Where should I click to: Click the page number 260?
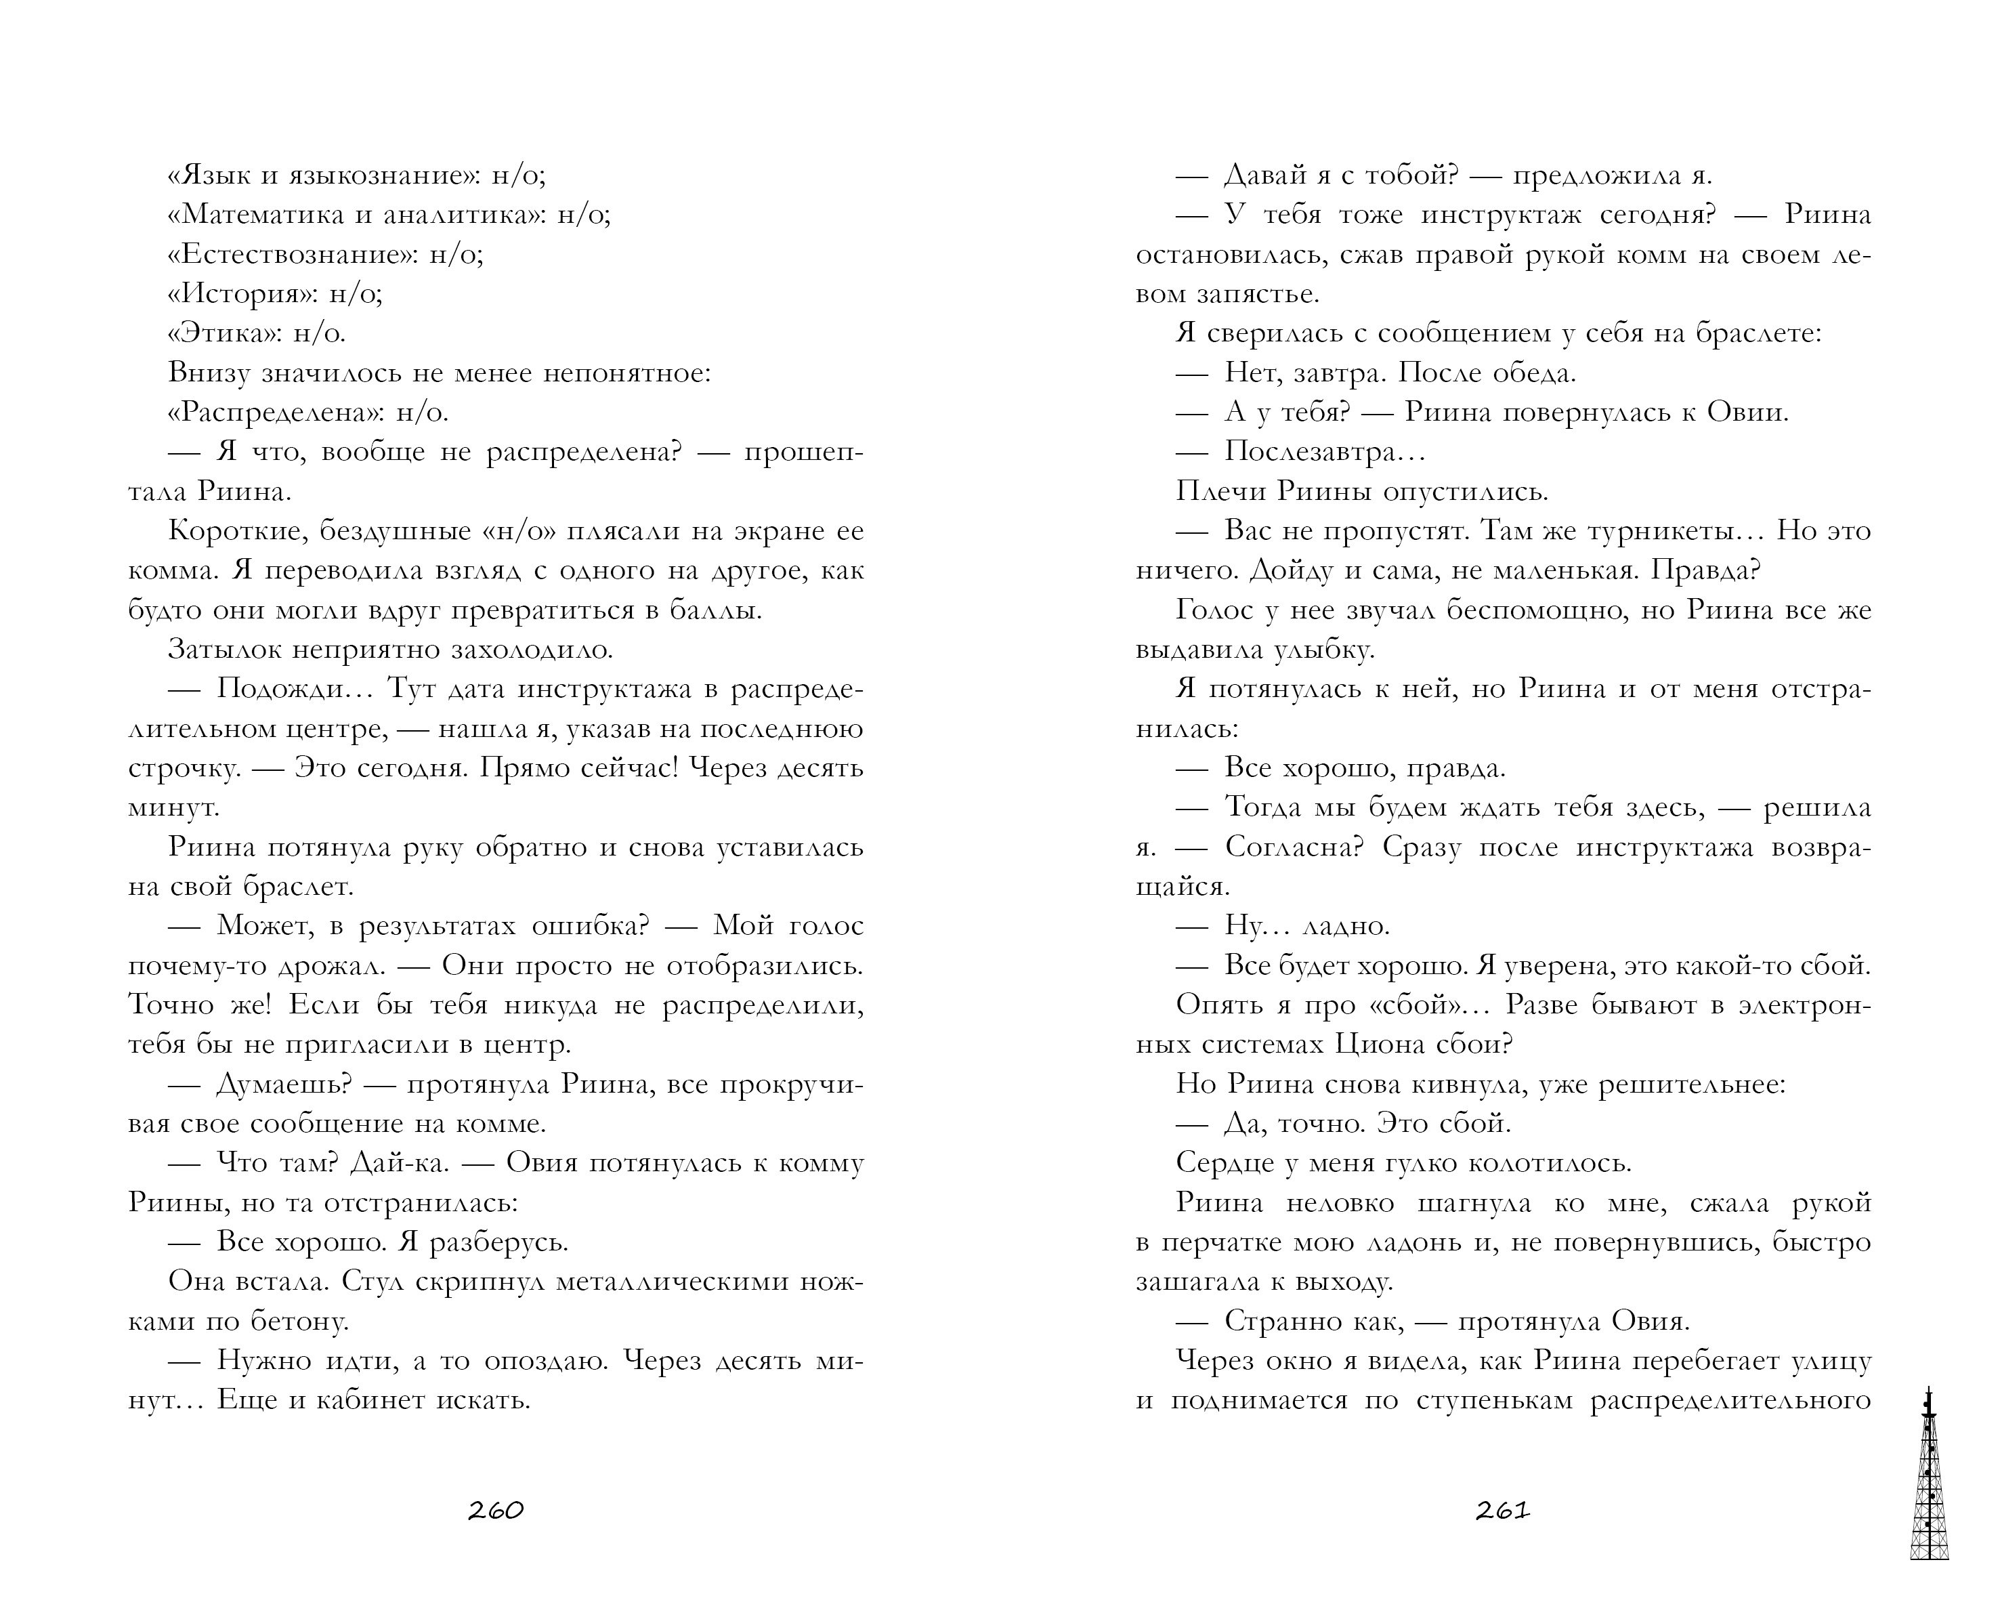pos(495,1511)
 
